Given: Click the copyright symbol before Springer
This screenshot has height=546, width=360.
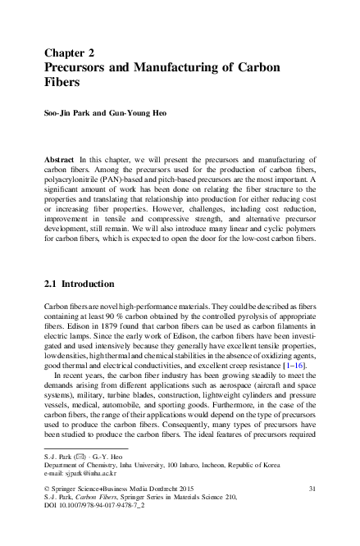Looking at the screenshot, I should tap(47, 489).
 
